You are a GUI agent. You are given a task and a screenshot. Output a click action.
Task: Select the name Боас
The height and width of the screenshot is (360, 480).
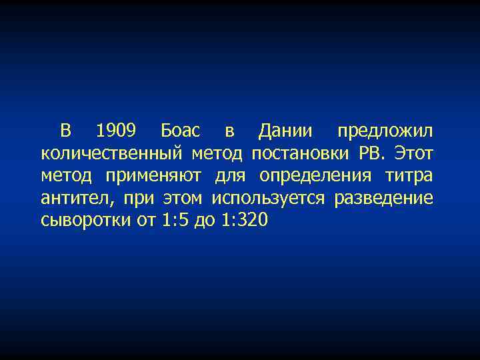[x=178, y=131]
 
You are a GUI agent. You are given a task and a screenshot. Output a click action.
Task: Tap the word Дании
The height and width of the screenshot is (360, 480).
[x=287, y=131]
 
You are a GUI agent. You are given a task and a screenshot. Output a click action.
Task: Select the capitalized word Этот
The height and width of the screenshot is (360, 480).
[x=413, y=154]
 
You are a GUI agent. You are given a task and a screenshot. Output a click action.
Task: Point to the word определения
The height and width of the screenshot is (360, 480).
[x=316, y=177]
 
